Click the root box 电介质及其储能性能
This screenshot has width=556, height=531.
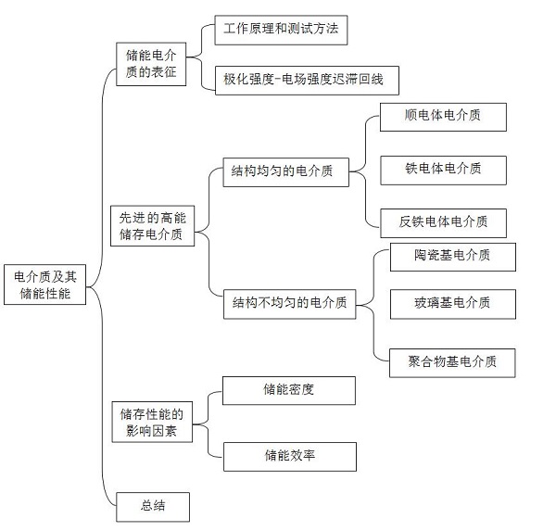[x=45, y=284]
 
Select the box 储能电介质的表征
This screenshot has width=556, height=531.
[x=151, y=64]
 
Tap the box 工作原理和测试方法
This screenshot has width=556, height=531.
[x=281, y=30]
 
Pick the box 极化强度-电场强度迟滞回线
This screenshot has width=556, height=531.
[x=307, y=81]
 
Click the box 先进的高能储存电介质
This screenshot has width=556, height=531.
[x=153, y=226]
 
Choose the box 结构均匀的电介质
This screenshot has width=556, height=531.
[x=285, y=172]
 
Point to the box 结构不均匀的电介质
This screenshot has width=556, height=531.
[x=290, y=304]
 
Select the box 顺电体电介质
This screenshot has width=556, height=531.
[x=443, y=117]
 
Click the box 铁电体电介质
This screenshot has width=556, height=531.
[x=444, y=171]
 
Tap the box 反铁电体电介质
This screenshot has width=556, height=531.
[x=444, y=223]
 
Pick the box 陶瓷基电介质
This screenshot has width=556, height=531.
[x=453, y=258]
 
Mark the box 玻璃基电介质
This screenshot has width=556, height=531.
[x=453, y=304]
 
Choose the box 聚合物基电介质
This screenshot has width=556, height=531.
[x=452, y=363]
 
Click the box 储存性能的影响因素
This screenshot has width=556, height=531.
[x=152, y=422]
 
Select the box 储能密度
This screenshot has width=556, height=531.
[x=289, y=390]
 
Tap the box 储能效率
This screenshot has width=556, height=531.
[x=290, y=457]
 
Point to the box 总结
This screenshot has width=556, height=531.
[x=153, y=507]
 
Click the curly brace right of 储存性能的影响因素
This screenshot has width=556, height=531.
[x=208, y=424]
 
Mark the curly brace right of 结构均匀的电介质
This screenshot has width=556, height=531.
[x=365, y=171]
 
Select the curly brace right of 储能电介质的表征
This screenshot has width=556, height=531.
[x=201, y=57]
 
